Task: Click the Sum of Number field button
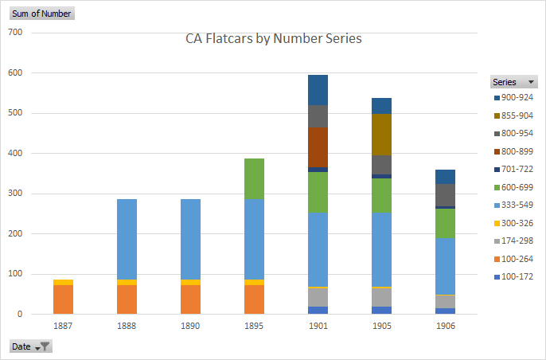41,14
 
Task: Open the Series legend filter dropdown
529,82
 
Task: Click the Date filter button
31,346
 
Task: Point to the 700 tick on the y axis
14,33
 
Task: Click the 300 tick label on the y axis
14,194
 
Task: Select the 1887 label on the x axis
64,326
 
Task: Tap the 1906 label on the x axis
445,326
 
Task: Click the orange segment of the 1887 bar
64,299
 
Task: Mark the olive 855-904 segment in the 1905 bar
381,135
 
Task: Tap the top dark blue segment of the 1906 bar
445,177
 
